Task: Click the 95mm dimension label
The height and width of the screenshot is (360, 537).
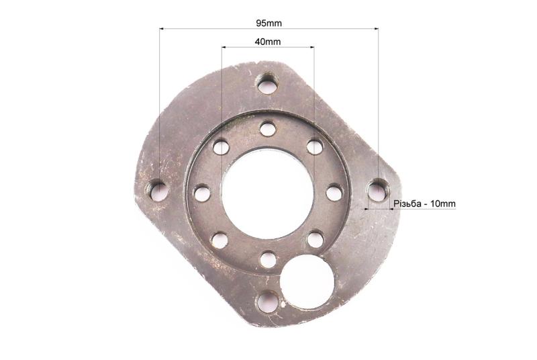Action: [269, 24]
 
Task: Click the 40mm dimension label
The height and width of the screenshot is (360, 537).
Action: [268, 42]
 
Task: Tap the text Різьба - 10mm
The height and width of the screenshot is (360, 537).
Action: [424, 204]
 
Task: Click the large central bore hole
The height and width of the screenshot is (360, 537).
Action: [268, 194]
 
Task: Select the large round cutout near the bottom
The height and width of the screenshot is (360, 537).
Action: [307, 281]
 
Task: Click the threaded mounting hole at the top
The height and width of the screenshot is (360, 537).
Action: [267, 83]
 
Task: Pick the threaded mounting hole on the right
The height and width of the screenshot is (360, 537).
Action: [378, 189]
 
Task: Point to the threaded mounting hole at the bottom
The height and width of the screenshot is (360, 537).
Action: [268, 302]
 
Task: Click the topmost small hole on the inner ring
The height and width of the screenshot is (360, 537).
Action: [267, 129]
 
